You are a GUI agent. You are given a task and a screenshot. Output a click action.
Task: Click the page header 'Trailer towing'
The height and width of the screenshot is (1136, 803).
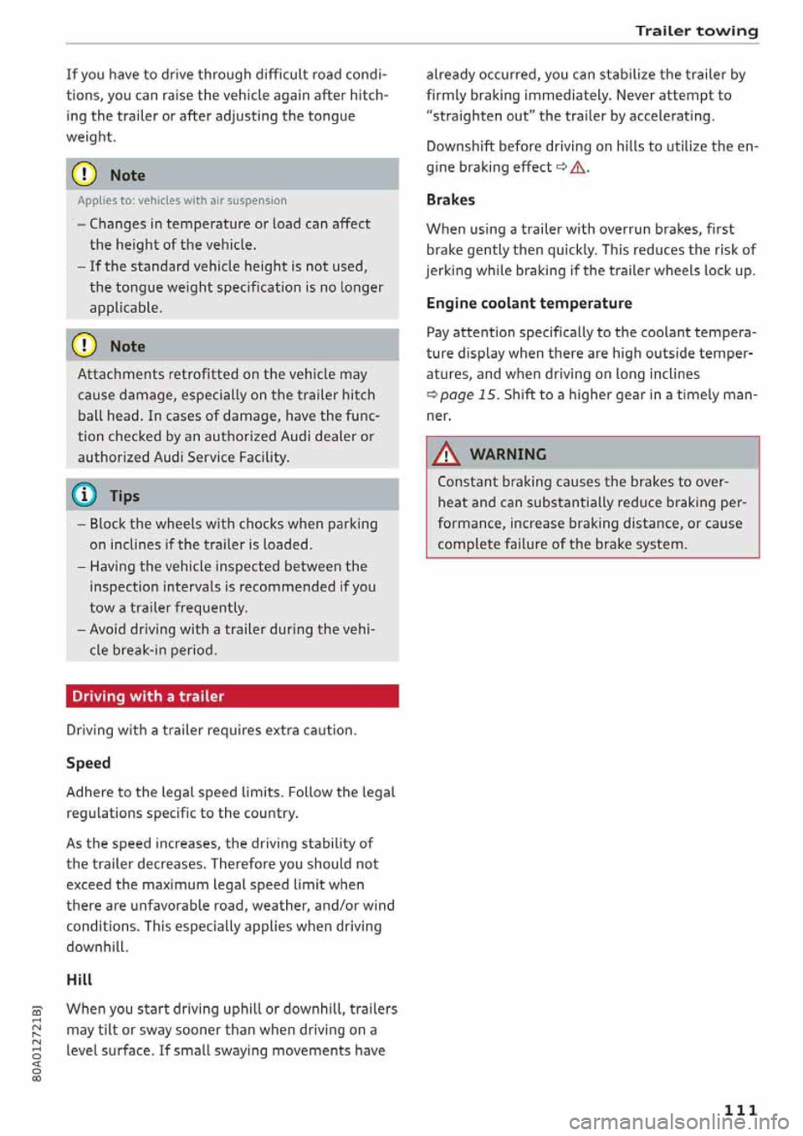click(x=696, y=31)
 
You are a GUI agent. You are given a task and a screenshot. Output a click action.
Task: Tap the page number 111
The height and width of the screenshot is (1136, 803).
click(x=740, y=1109)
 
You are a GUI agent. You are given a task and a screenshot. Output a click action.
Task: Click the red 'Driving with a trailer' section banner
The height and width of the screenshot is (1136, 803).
click(x=232, y=696)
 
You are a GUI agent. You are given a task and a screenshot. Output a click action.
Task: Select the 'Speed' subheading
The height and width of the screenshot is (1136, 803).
click(x=89, y=763)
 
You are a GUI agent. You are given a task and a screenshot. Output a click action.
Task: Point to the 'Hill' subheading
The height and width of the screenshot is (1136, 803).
click(x=79, y=980)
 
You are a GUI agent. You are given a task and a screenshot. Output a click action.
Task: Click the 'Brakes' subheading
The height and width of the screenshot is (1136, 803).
click(x=450, y=200)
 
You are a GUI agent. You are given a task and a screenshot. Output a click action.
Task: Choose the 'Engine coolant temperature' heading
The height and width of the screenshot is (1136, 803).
click(x=529, y=303)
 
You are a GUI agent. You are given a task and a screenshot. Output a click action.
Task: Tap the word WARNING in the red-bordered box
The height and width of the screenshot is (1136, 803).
click(x=508, y=454)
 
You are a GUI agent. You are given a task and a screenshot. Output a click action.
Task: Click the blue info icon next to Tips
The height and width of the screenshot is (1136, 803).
click(x=87, y=496)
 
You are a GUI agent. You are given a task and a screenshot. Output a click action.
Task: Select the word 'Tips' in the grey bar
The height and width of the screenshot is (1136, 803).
click(x=125, y=496)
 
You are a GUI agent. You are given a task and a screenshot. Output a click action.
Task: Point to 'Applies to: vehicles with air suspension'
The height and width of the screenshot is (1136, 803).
click(x=182, y=201)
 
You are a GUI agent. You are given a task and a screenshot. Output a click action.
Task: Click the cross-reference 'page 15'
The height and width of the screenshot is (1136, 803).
click(x=468, y=395)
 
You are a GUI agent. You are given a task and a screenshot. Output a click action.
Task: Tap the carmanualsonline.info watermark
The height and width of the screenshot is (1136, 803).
click(x=678, y=1121)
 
